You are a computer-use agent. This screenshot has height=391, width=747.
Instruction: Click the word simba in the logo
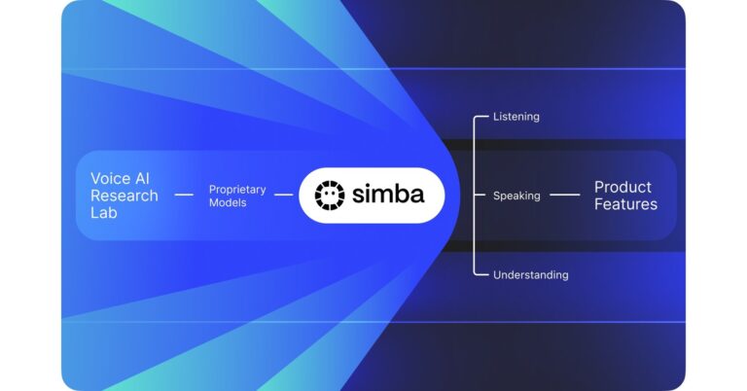pos(388,195)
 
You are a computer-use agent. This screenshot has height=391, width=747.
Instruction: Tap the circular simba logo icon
pos(330,195)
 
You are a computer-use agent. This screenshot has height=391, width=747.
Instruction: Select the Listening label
pos(516,117)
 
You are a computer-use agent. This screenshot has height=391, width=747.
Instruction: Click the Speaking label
pos(516,195)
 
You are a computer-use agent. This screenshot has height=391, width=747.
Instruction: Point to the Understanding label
pos(530,275)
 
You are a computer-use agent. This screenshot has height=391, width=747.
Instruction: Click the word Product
pos(622,187)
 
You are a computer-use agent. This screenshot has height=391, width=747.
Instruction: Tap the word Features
pos(626,204)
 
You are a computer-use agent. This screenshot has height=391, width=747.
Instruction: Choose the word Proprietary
pos(237,189)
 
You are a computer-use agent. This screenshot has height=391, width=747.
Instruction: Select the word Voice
pos(109,178)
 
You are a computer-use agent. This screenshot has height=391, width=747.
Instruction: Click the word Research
pos(124,195)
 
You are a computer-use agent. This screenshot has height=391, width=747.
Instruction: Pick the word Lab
pos(102,211)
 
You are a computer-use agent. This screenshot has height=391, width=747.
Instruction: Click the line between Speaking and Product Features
pos(564,195)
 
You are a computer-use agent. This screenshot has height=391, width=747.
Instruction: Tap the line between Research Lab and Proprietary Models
pos(184,195)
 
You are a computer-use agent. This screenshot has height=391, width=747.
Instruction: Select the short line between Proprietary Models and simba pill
pos(283,195)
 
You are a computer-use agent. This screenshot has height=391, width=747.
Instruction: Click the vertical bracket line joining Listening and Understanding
pos(475,156)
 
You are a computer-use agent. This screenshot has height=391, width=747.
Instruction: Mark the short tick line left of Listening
pos(480,117)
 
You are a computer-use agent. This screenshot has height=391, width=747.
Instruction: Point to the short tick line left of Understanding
pos(480,275)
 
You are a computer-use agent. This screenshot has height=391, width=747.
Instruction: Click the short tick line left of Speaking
pos(480,195)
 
